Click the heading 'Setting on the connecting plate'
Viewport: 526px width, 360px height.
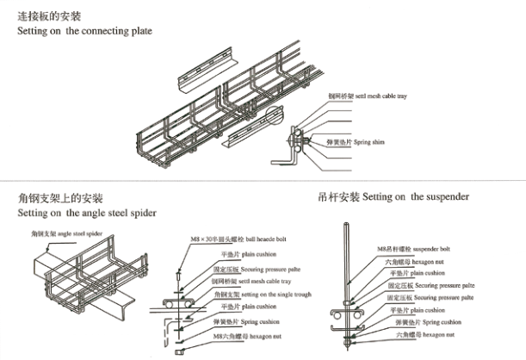click(85, 31)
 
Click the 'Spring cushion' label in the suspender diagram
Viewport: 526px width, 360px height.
click(423, 322)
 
